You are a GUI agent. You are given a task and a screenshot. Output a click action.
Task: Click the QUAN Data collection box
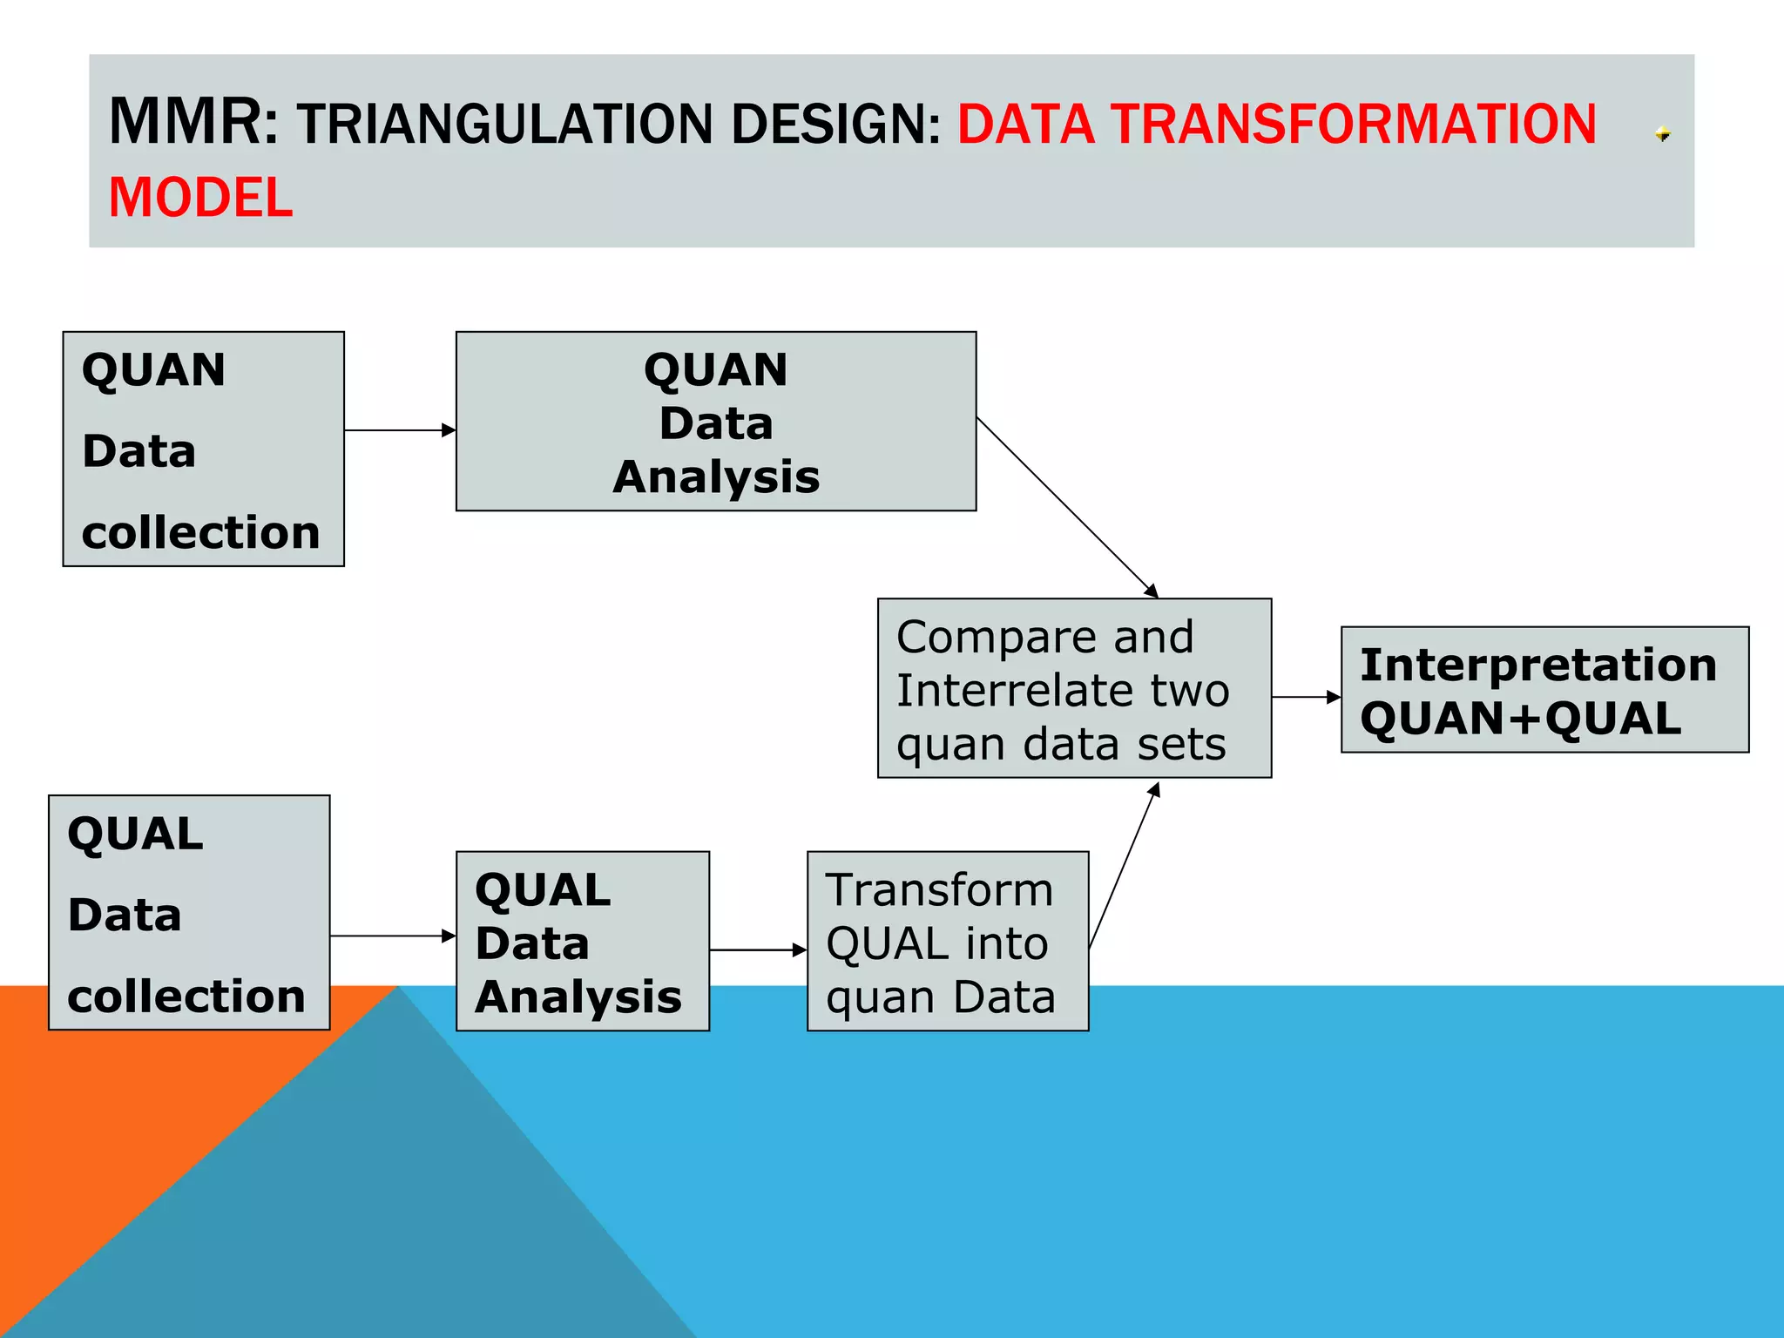pos(203,449)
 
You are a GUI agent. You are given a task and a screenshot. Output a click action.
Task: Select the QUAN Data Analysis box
pos(715,422)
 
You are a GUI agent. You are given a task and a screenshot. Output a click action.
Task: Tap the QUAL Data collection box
pos(189,912)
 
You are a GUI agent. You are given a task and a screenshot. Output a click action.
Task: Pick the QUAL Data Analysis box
pos(582,942)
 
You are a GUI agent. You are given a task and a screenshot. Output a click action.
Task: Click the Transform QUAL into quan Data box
pos(947,942)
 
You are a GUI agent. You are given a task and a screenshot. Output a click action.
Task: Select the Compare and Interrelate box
pos(1073,688)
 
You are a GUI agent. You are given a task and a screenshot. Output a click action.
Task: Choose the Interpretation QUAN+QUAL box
pos(1544,690)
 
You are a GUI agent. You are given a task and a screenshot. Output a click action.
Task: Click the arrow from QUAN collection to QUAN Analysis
pos(399,430)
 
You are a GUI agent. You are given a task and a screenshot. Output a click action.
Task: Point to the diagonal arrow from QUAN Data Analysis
pos(1066,507)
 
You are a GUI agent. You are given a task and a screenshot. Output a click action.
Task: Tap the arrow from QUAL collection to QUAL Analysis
pos(392,936)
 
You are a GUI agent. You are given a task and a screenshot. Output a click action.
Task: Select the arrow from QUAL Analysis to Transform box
pos(757,950)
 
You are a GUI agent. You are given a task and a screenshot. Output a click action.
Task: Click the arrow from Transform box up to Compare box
pos(1124,866)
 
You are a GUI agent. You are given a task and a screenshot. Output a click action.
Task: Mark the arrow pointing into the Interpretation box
pos(1305,697)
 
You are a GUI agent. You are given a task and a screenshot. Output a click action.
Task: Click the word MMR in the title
pos(186,122)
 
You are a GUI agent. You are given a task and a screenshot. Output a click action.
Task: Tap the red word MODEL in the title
pos(200,198)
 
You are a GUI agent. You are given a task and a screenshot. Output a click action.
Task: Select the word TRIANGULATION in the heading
pos(504,125)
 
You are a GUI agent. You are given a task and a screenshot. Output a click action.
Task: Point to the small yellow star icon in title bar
pos(1662,134)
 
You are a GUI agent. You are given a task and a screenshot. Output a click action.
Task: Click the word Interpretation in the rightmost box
pos(1537,666)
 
